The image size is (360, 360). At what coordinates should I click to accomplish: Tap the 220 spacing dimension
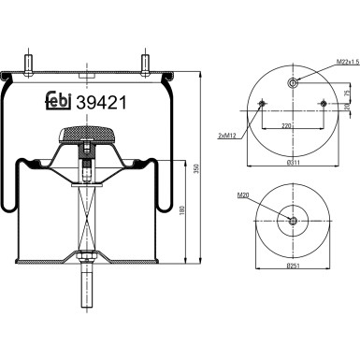click(291, 126)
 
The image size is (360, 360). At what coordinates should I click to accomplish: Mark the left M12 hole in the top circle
click(262, 104)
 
